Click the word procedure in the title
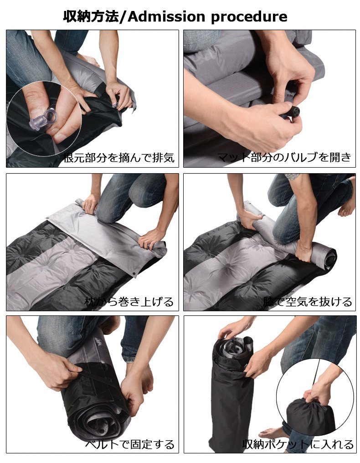pyautogui.click(x=249, y=17)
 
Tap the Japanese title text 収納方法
pyautogui.click(x=91, y=16)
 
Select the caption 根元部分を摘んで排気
pyautogui.click(x=119, y=157)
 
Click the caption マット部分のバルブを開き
pyautogui.click(x=284, y=157)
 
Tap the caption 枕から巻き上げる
pyautogui.click(x=129, y=302)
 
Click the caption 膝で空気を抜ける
pyautogui.click(x=308, y=302)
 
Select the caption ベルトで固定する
pyautogui.click(x=130, y=444)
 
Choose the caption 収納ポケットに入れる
pyautogui.click(x=298, y=444)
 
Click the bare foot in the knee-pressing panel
pyautogui.click(x=347, y=204)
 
